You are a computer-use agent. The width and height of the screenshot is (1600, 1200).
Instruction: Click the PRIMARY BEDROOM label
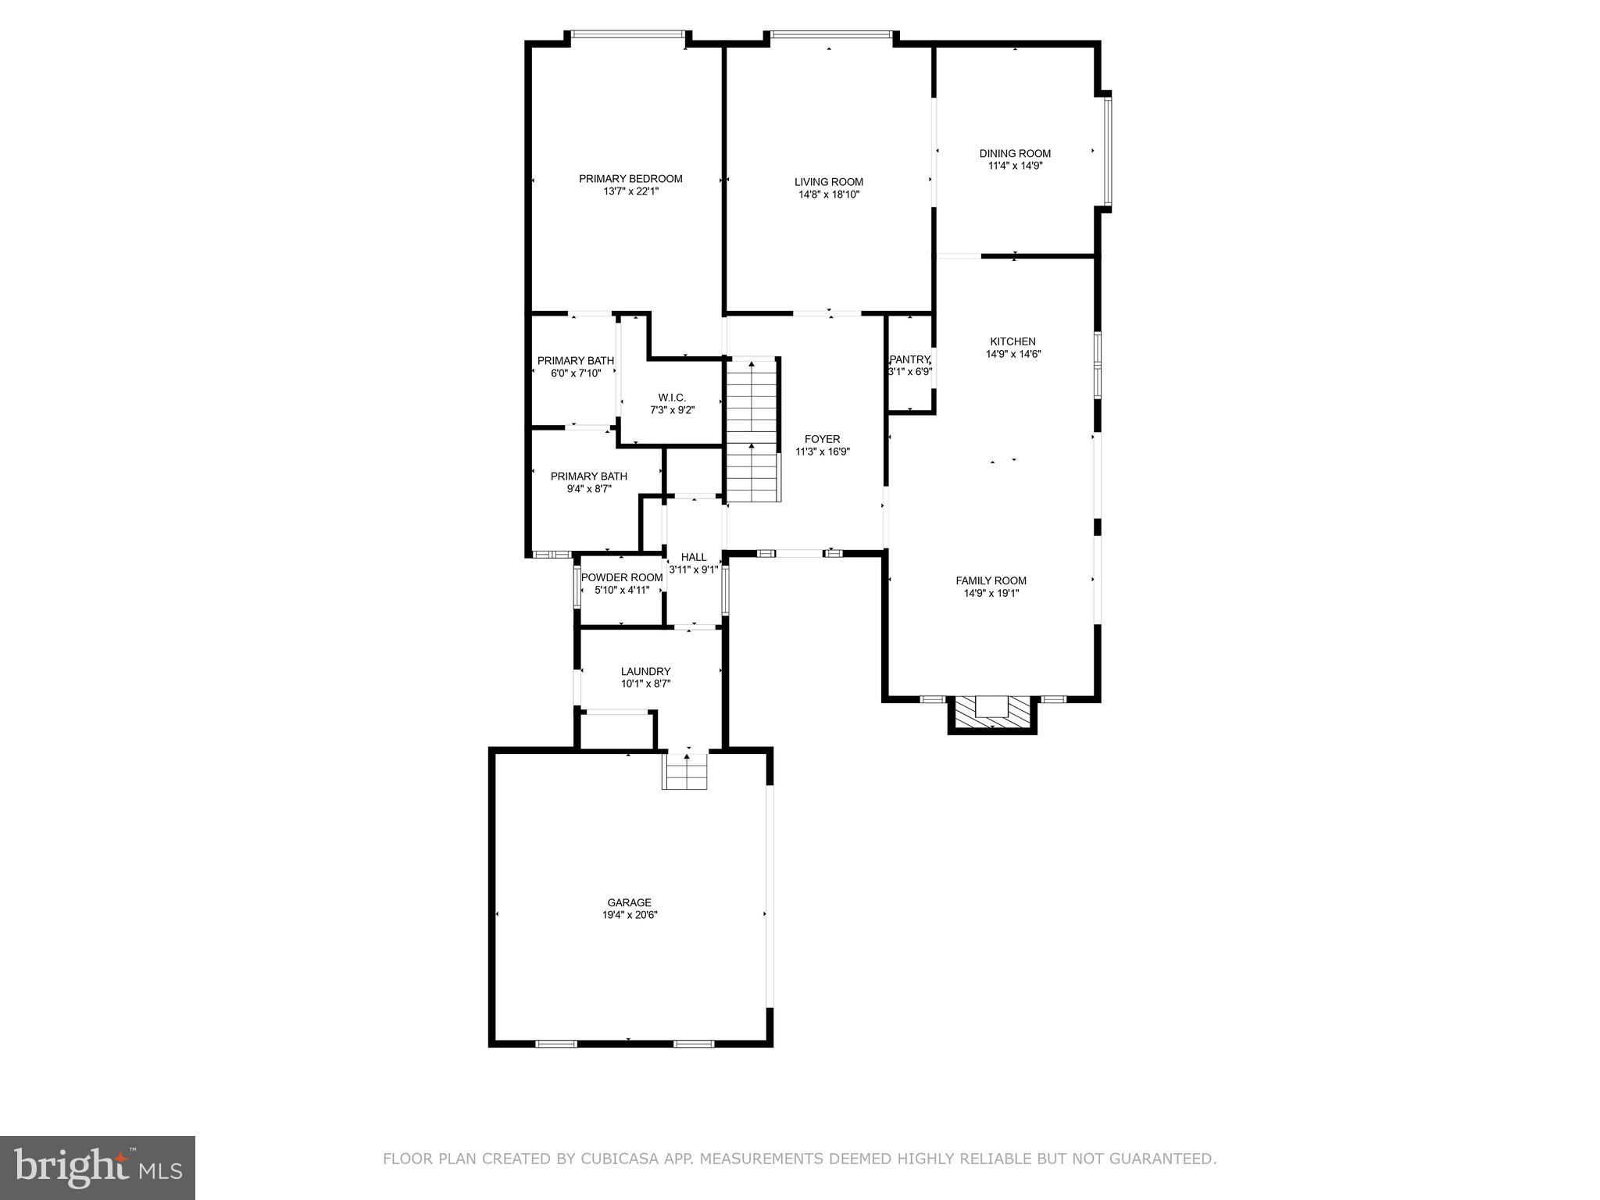pos(630,179)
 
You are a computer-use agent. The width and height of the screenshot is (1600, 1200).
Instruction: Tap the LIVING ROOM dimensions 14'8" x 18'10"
pos(829,195)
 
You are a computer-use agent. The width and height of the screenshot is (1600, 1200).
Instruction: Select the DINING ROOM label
pos(1015,154)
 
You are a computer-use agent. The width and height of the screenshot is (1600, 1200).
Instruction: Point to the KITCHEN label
pos(1012,341)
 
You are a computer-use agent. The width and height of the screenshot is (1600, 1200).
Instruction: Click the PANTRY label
pos(910,359)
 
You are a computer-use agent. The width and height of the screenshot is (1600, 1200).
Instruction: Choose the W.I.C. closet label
pos(672,398)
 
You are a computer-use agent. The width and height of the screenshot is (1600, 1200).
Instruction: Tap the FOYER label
pos(822,439)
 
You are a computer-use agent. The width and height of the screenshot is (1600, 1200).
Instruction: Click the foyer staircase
pos(752,430)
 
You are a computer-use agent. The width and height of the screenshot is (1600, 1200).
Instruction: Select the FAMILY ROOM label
pos(991,580)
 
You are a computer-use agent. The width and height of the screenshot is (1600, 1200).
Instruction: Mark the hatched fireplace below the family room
pos(992,711)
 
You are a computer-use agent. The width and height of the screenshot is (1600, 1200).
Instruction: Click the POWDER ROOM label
pos(622,577)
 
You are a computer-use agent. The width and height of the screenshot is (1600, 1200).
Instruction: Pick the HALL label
pos(694,557)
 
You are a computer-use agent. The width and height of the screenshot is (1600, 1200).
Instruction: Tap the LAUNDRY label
pos(645,671)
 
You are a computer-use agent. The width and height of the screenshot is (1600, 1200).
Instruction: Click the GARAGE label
pos(629,902)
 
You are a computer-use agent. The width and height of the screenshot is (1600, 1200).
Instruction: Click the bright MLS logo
pos(98,1167)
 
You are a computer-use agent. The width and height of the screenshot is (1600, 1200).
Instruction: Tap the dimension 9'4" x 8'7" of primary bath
pos(589,489)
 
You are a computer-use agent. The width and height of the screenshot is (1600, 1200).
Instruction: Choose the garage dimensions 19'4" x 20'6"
pos(629,915)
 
